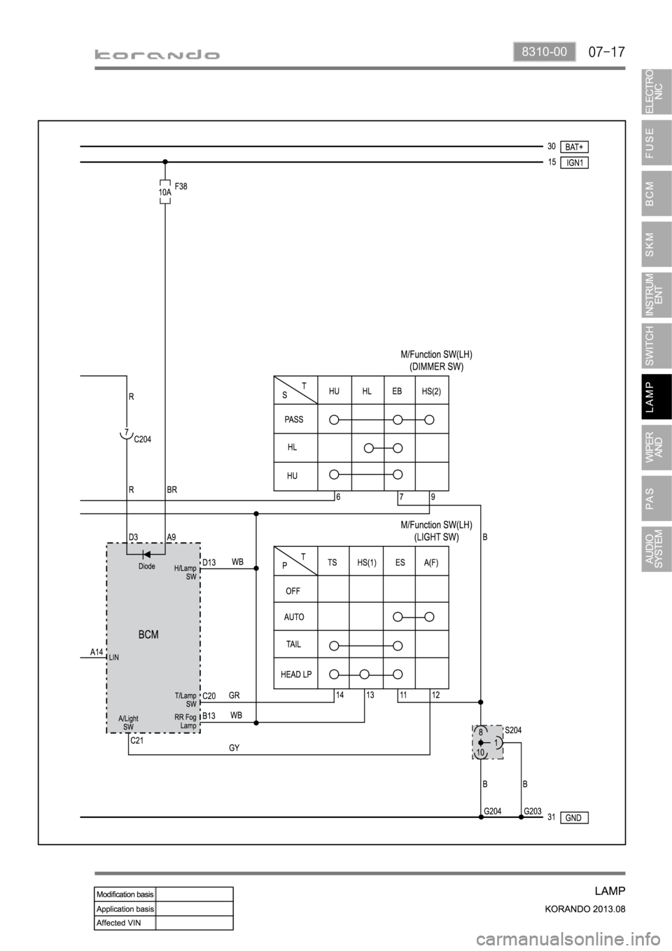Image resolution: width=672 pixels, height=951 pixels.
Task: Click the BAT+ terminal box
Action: point(575,147)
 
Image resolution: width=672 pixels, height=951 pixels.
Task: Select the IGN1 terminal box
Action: point(575,162)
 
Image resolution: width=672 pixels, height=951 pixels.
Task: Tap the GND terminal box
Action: point(575,817)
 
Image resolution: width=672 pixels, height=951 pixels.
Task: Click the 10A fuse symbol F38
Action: point(165,192)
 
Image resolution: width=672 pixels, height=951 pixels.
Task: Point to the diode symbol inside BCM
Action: point(146,554)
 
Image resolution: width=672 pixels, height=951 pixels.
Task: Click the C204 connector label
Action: point(143,439)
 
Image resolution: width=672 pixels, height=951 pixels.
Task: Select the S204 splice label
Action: point(513,730)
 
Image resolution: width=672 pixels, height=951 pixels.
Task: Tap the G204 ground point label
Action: point(493,811)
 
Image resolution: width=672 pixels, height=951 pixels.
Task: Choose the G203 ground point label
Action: point(533,811)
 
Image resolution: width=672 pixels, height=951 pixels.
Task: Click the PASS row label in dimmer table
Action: point(294,419)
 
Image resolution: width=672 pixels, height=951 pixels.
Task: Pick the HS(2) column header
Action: point(431,391)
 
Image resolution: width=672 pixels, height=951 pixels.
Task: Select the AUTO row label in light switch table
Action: point(294,617)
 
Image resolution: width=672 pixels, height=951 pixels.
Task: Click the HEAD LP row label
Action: point(296,674)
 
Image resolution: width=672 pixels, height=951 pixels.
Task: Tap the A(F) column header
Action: point(431,562)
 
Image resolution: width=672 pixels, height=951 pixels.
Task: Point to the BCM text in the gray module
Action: point(148,634)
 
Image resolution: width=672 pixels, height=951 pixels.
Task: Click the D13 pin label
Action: point(209,562)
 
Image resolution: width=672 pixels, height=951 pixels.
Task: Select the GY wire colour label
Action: point(234,748)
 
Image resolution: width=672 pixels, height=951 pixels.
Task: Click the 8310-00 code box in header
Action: point(545,52)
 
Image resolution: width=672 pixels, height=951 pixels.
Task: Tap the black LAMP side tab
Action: point(657,396)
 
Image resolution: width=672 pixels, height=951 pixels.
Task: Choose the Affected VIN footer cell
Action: point(125,922)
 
